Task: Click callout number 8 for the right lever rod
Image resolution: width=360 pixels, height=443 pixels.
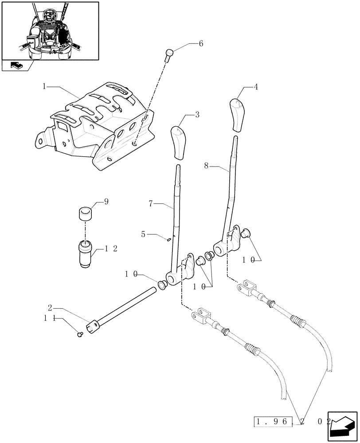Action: (206, 167)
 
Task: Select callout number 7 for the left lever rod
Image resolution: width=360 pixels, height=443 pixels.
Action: (151, 204)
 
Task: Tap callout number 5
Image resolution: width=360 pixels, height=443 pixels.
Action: (143, 233)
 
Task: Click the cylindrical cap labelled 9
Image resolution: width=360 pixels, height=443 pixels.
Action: (85, 214)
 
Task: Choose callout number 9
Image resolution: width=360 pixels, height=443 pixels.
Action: (106, 202)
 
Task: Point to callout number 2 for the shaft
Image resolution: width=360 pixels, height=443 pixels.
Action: (50, 307)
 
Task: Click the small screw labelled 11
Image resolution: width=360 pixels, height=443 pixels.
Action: (80, 335)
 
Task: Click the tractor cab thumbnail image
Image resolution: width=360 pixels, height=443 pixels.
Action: (50, 30)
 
